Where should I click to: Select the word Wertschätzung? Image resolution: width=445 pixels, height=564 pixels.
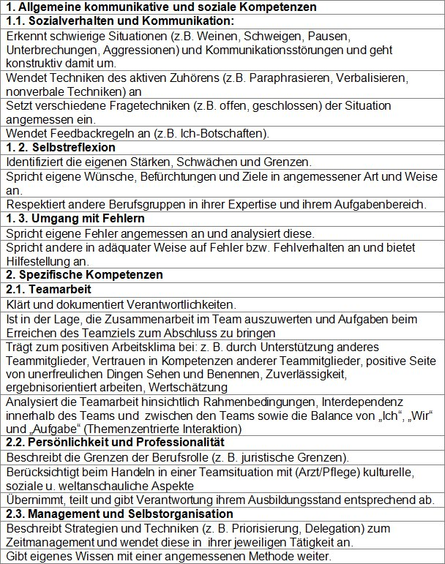[198, 387]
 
